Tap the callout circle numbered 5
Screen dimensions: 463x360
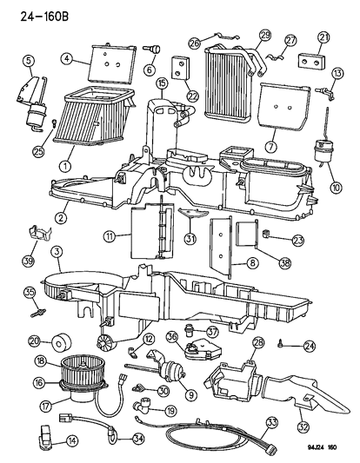[x=29, y=60]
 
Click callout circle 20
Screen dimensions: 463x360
[x=35, y=341]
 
